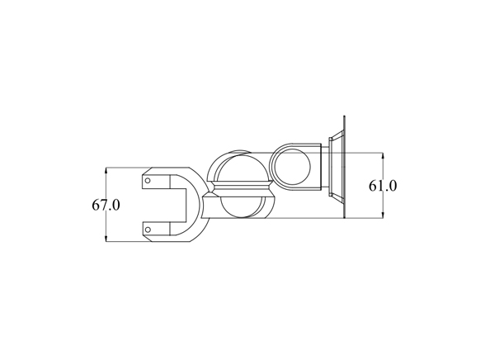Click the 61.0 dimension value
tap(383, 186)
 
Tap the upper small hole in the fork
tap(148, 178)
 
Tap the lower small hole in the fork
tap(148, 229)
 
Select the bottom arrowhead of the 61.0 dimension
tap(384, 216)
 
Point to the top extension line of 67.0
tap(124, 168)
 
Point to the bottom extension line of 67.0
tap(124, 242)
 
